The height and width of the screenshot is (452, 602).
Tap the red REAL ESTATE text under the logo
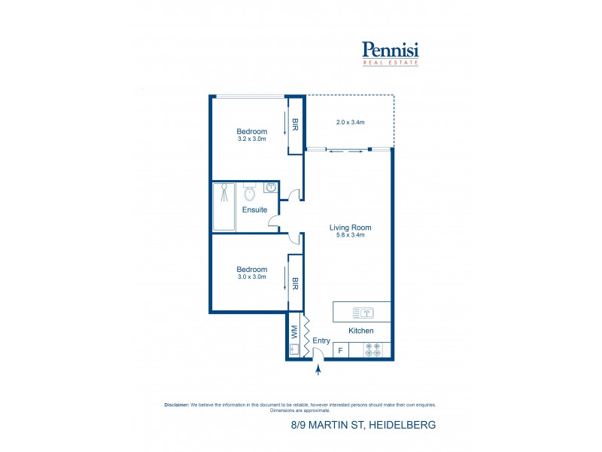(x=391, y=63)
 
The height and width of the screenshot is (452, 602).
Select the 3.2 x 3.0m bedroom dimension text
(x=252, y=139)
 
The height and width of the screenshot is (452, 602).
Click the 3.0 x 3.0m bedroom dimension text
(x=252, y=277)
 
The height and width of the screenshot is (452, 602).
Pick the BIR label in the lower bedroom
(x=296, y=283)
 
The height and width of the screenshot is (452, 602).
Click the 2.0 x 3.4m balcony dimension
(x=350, y=122)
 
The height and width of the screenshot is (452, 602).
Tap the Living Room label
(x=351, y=227)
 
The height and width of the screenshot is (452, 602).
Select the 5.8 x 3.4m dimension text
(x=351, y=235)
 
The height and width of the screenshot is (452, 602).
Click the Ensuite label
(x=254, y=209)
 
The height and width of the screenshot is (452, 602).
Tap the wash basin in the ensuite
(x=271, y=187)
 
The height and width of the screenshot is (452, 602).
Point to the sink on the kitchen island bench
(x=362, y=312)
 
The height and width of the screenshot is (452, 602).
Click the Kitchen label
(x=360, y=331)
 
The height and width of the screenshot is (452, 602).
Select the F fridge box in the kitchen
(x=340, y=350)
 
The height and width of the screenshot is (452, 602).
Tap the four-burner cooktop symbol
(x=372, y=350)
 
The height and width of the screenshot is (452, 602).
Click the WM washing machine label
(x=295, y=331)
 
